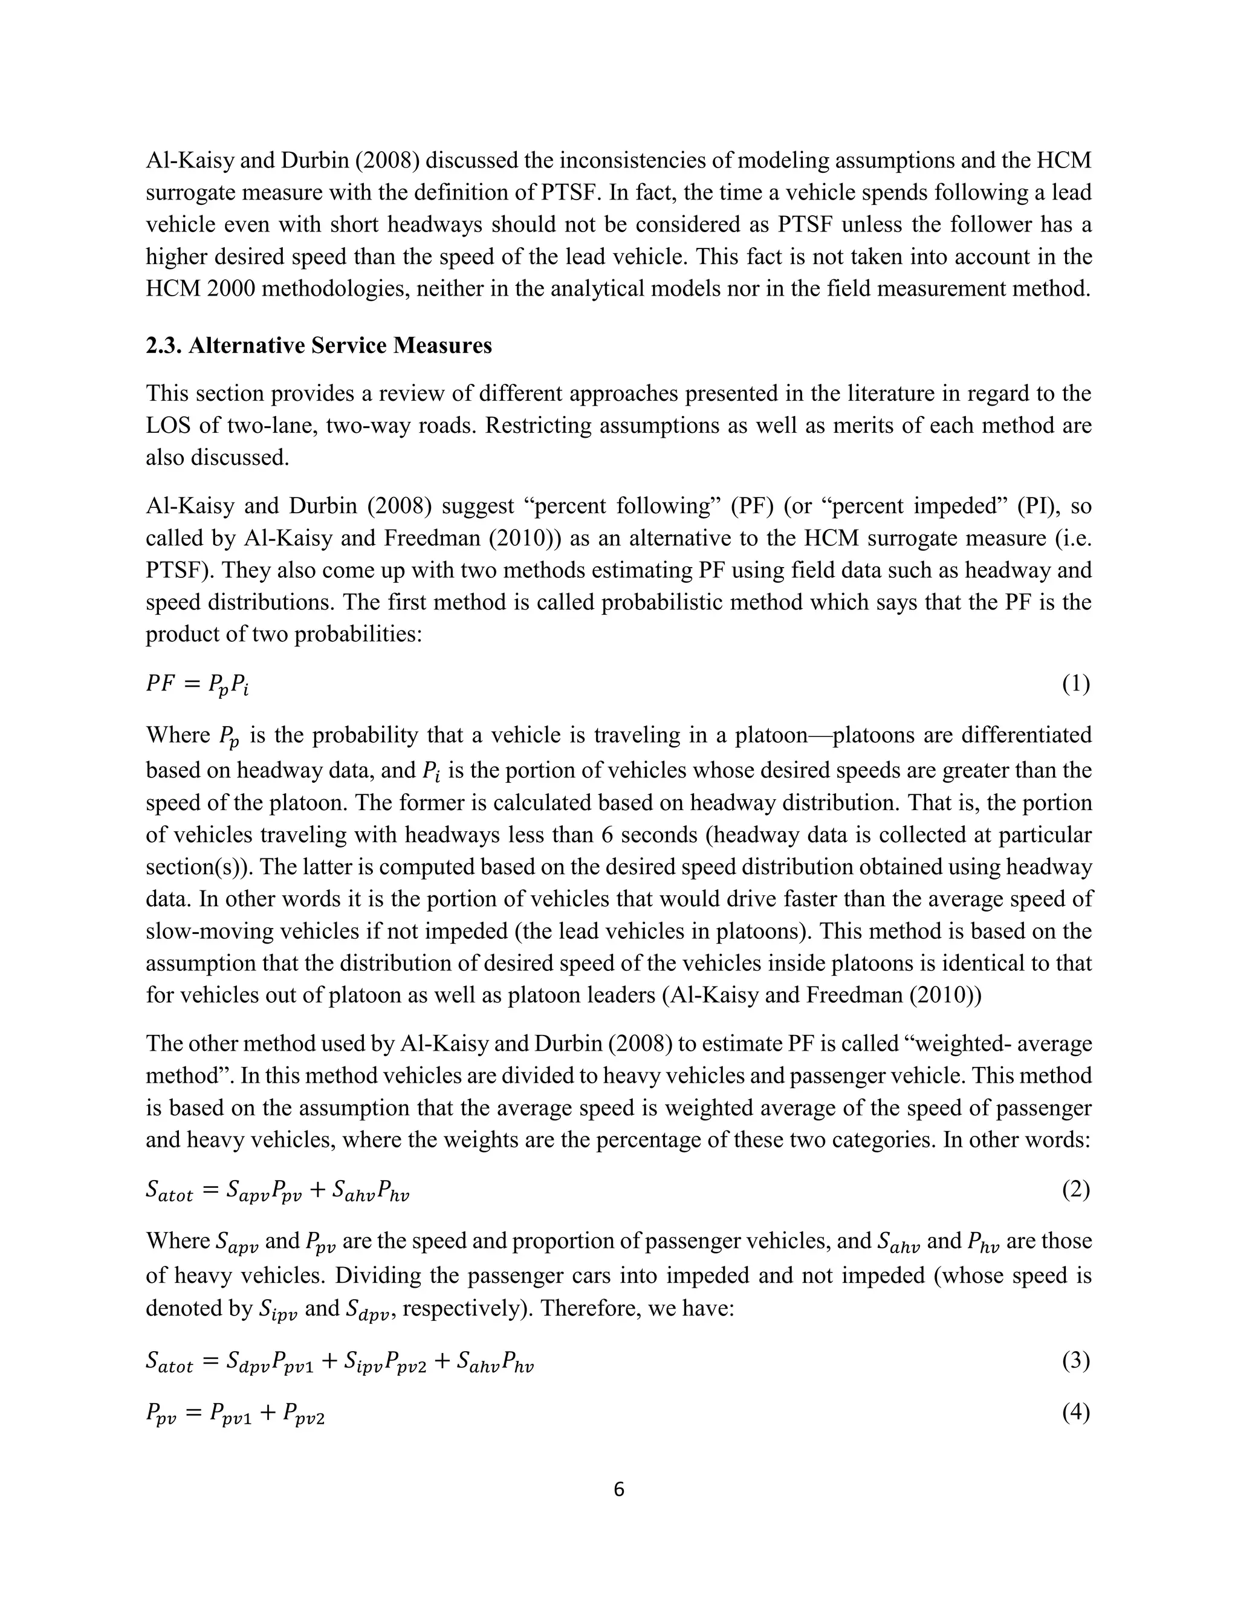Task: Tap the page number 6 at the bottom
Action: pyautogui.click(x=618, y=1489)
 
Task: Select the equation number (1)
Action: pyautogui.click(x=1076, y=684)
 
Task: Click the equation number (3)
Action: pyautogui.click(x=1076, y=1361)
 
